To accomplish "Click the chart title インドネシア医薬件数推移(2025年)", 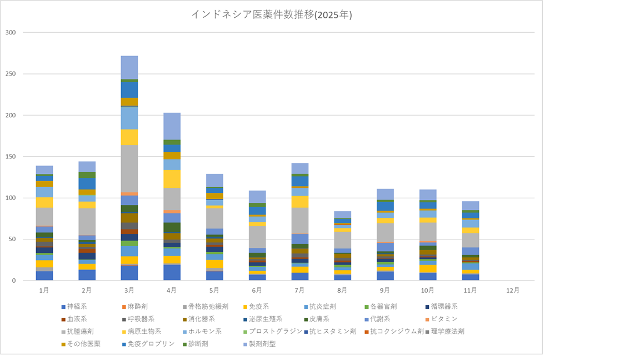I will point(271,15).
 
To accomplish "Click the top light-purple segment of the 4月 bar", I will point(172,126).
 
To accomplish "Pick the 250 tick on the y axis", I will point(11,74).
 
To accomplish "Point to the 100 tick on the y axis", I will point(11,198).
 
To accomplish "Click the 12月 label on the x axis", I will point(513,290).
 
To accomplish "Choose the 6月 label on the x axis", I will point(257,290).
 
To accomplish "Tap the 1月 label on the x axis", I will point(44,290).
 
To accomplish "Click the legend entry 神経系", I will point(77,307).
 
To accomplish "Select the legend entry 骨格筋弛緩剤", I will point(208,307).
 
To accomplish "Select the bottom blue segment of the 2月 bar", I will point(87,275).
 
